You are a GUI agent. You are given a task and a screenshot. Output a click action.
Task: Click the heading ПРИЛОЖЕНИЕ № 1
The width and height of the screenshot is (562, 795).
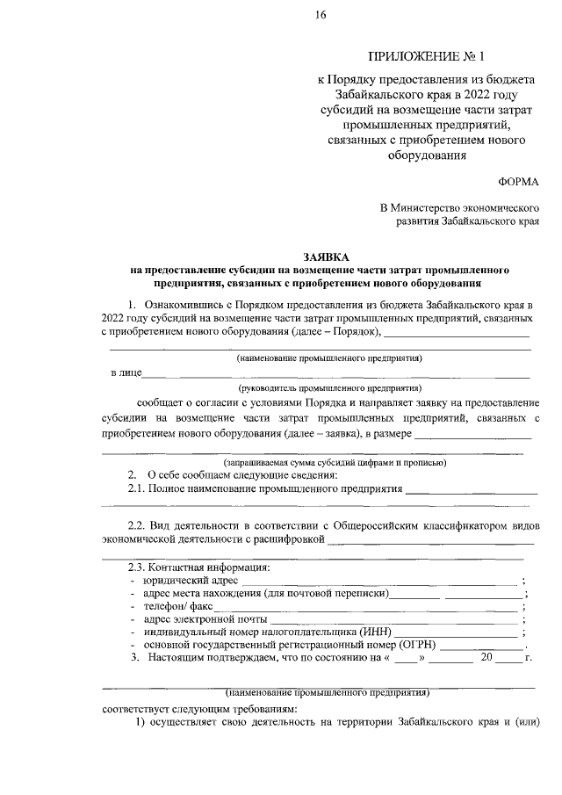coord(429,57)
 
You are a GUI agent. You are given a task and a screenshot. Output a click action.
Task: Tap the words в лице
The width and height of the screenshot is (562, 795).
coord(126,372)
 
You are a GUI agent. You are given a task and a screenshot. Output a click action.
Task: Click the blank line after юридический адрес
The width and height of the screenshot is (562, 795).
coord(379,582)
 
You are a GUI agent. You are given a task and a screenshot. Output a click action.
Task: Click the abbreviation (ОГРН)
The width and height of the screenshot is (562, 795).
coord(418,645)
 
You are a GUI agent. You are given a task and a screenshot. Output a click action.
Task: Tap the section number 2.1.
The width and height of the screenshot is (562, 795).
coord(137,488)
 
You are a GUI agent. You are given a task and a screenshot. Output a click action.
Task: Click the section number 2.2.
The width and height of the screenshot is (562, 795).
coord(137,524)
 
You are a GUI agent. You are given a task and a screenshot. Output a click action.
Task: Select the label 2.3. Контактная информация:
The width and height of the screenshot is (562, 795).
coord(199,567)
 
